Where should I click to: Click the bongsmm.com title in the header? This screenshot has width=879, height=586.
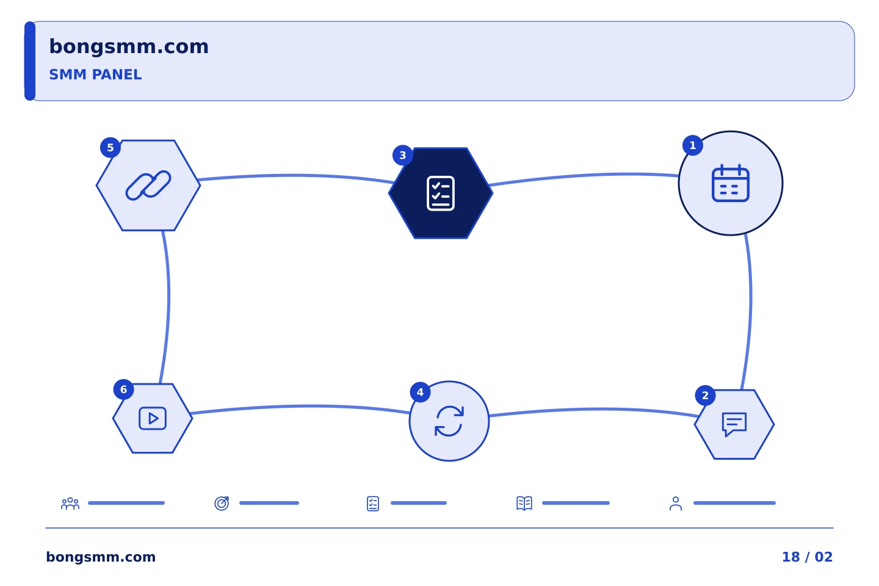[129, 47]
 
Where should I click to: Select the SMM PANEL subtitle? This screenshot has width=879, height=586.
[95, 74]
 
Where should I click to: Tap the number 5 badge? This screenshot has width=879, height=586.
[110, 148]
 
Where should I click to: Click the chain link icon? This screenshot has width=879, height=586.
[148, 185]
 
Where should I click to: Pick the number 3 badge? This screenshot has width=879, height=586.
[403, 156]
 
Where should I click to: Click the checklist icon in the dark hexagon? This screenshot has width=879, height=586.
[441, 194]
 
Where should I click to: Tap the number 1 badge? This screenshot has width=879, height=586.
[693, 146]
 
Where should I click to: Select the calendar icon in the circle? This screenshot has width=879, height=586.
[731, 183]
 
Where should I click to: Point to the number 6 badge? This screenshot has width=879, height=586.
[123, 389]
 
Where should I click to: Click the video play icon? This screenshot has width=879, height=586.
[153, 418]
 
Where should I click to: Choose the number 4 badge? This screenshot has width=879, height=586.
[420, 392]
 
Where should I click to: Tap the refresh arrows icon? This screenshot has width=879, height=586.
[449, 421]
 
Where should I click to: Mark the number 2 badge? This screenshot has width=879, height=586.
[705, 396]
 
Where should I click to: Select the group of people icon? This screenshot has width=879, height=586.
[70, 504]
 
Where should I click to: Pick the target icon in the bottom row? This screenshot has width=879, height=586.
[222, 504]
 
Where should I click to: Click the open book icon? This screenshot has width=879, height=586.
[524, 504]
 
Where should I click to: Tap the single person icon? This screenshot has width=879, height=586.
[676, 504]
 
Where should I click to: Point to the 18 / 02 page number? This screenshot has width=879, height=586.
[807, 557]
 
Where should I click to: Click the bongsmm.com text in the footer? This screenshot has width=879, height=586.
[101, 557]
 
